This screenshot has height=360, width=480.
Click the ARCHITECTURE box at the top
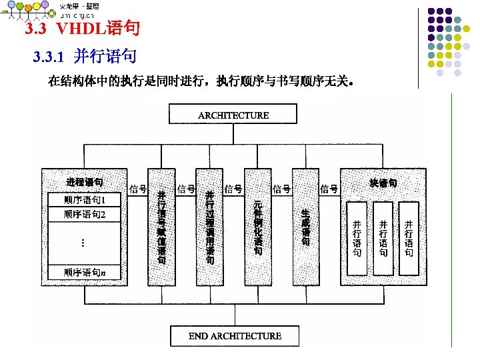pyautogui.click(x=233, y=115)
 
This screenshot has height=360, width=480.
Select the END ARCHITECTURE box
pyautogui.click(x=235, y=336)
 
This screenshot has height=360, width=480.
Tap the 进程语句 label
pyautogui.click(x=85, y=182)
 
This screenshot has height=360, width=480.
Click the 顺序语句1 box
pyautogui.click(x=85, y=200)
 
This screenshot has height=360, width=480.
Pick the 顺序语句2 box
pyautogui.click(x=85, y=214)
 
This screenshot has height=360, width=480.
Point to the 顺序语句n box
pyautogui.click(x=85, y=272)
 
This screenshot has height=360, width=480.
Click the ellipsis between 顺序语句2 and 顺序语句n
pyautogui.click(x=82, y=243)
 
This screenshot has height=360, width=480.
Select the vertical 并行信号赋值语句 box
pyautogui.click(x=161, y=227)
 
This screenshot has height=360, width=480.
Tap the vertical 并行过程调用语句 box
pyautogui.click(x=210, y=227)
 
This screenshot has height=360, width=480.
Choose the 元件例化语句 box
pyautogui.click(x=258, y=227)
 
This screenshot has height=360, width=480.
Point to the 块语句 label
pyautogui.click(x=383, y=182)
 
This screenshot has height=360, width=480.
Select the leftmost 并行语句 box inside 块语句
pyautogui.click(x=357, y=238)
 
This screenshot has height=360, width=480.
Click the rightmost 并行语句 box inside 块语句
pyautogui.click(x=409, y=238)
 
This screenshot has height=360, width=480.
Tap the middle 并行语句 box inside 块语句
pyautogui.click(x=383, y=238)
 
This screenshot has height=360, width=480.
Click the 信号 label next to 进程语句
pyautogui.click(x=138, y=189)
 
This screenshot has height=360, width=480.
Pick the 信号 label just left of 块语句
pyautogui.click(x=329, y=189)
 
